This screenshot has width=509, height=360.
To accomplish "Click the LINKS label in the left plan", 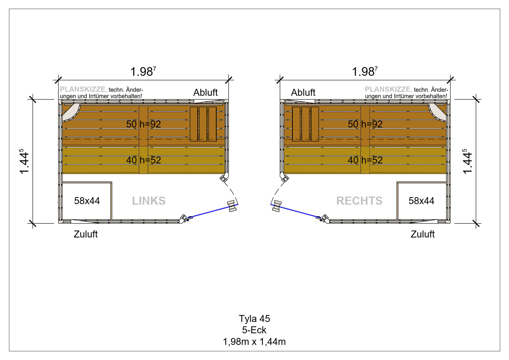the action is pos(149,201).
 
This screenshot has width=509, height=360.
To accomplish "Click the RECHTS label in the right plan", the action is pos(359,201).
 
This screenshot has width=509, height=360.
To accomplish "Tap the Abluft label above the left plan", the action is pos(205,92).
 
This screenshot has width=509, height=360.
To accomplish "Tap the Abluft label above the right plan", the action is pos(303,92).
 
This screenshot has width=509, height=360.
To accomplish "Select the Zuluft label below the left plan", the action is pos(86,234).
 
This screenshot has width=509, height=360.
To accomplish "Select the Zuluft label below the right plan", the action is pos(423,234).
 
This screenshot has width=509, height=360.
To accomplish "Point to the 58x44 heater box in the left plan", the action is pos(87,201).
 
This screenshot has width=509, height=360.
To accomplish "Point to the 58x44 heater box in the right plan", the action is pos(421,201).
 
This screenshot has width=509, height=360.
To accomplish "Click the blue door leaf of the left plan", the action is pos(214,211).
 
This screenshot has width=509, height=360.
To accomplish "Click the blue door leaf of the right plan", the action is pos(295,211).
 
